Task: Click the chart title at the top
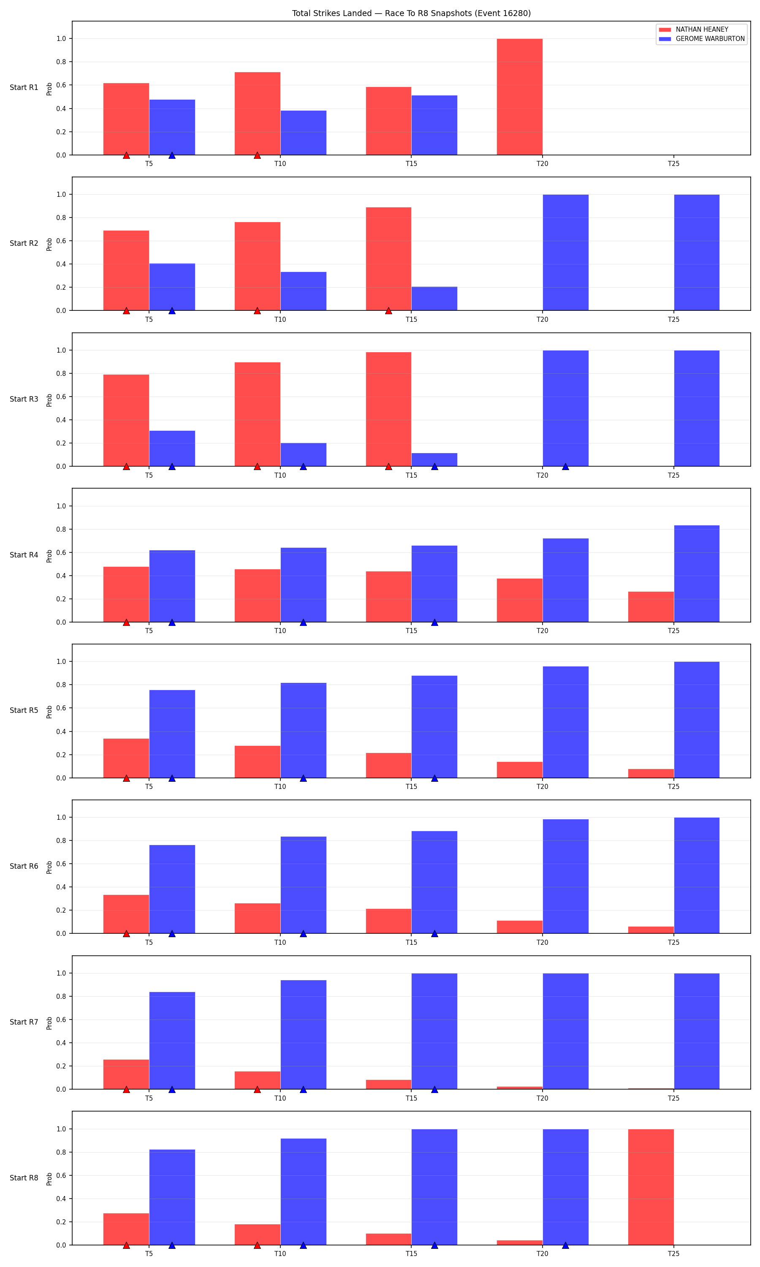pyautogui.click(x=411, y=14)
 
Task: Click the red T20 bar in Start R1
pyautogui.click(x=519, y=97)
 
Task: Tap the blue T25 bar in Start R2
pyautogui.click(x=697, y=253)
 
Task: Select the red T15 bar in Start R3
pyautogui.click(x=388, y=409)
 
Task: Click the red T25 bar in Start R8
pyautogui.click(x=651, y=1187)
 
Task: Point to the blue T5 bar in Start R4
pyautogui.click(x=172, y=586)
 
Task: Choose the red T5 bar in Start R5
pyautogui.click(x=126, y=758)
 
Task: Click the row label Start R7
pyautogui.click(x=24, y=1022)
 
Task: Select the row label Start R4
pyautogui.click(x=24, y=555)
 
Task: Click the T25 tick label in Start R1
pyautogui.click(x=673, y=164)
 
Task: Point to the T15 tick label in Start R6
pyautogui.click(x=411, y=942)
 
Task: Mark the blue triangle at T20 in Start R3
pyautogui.click(x=565, y=466)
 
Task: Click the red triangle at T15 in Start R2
pyautogui.click(x=388, y=310)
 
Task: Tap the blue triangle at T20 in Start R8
pyautogui.click(x=565, y=1245)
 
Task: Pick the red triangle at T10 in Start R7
pyautogui.click(x=257, y=1089)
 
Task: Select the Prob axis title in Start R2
pyautogui.click(x=49, y=244)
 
